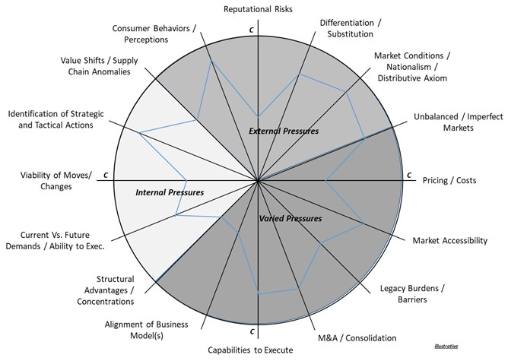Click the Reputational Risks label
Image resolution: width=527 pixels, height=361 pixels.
[258, 8]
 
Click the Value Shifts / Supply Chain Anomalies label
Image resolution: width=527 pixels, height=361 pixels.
[95, 65]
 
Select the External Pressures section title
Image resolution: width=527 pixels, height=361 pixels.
[283, 131]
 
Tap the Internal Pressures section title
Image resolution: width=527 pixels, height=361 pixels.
[170, 192]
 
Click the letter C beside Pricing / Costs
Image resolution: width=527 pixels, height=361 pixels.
[409, 176]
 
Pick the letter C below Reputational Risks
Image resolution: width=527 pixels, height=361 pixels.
[251, 29]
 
